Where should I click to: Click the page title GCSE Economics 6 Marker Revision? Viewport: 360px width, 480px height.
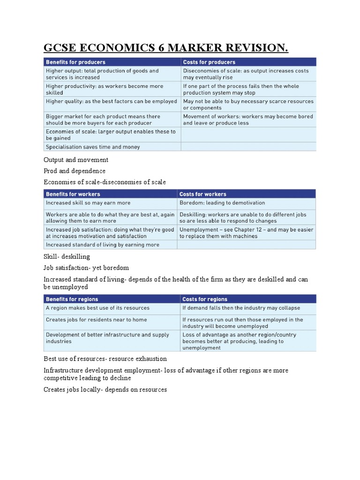pos(165,48)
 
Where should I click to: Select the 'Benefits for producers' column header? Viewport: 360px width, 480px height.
pos(75,62)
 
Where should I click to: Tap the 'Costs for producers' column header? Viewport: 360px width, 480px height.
pos(209,62)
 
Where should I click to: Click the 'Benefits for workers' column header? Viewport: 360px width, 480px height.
pos(73,194)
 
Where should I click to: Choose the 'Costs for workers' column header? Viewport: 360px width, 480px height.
pos(203,194)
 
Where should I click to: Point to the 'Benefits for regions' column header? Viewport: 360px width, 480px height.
pos(72,299)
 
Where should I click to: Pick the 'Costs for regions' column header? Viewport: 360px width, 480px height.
pos(205,299)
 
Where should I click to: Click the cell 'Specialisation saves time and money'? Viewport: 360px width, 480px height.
pos(93,147)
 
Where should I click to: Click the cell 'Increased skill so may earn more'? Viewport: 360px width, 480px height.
pos(88,203)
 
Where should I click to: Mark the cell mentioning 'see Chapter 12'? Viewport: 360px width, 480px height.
pos(247,233)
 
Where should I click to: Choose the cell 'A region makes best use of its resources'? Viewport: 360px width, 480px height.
pos(97,308)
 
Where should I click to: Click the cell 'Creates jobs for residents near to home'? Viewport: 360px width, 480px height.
pos(96,320)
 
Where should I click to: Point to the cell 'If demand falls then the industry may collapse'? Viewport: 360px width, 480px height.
pos(241,308)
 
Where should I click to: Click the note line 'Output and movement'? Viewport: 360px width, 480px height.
pos(76,160)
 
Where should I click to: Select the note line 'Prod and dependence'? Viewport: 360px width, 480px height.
pos(75,171)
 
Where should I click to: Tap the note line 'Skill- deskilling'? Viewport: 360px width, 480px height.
pos(67,257)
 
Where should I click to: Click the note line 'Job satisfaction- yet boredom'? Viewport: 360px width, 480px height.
pos(86,268)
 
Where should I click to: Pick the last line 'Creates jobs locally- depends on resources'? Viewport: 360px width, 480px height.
pos(105,390)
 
